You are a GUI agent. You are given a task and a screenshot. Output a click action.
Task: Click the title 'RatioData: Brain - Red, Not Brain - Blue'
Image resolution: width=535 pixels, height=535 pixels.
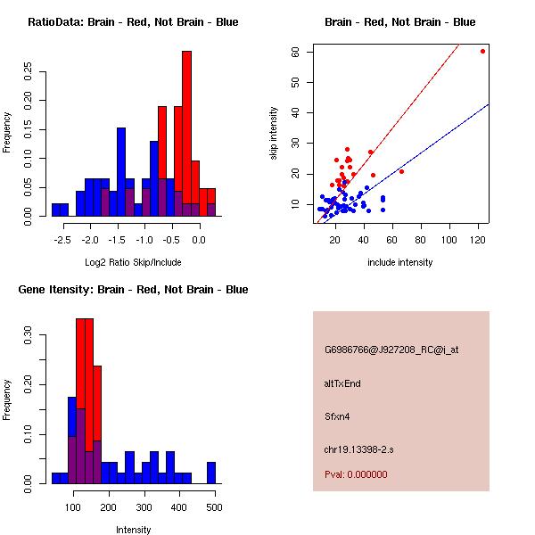pyautogui.click(x=133, y=22)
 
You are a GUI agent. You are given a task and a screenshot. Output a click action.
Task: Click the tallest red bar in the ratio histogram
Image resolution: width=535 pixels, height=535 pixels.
pyautogui.click(x=186, y=134)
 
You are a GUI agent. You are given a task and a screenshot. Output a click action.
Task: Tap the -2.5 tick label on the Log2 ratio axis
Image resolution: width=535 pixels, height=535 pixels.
pyautogui.click(x=60, y=241)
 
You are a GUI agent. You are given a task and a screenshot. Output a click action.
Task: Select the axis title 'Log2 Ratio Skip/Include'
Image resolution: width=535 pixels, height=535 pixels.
pyautogui.click(x=133, y=262)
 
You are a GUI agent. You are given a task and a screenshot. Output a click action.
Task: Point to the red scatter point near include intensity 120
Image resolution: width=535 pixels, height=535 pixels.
pyautogui.click(x=482, y=51)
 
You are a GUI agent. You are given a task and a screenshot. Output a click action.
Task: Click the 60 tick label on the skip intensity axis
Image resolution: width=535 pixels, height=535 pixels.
pyautogui.click(x=295, y=53)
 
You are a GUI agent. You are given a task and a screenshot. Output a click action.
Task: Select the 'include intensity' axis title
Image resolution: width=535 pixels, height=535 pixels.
pyautogui.click(x=400, y=262)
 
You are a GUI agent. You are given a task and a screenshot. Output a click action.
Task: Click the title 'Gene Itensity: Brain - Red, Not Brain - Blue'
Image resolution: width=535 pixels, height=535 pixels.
pyautogui.click(x=133, y=290)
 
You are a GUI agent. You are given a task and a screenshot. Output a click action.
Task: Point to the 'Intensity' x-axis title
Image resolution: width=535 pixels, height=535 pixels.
pyautogui.click(x=133, y=530)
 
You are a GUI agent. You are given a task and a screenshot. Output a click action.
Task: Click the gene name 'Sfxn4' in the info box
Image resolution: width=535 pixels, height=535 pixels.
pyautogui.click(x=337, y=416)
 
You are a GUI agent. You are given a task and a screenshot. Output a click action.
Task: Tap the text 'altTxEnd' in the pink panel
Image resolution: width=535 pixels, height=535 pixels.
pyautogui.click(x=342, y=383)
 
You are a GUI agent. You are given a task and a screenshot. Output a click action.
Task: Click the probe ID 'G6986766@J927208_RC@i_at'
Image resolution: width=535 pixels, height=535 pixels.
pyautogui.click(x=391, y=350)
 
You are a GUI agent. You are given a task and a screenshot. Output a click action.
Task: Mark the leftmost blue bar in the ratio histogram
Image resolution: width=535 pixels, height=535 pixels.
pyautogui.click(x=60, y=210)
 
